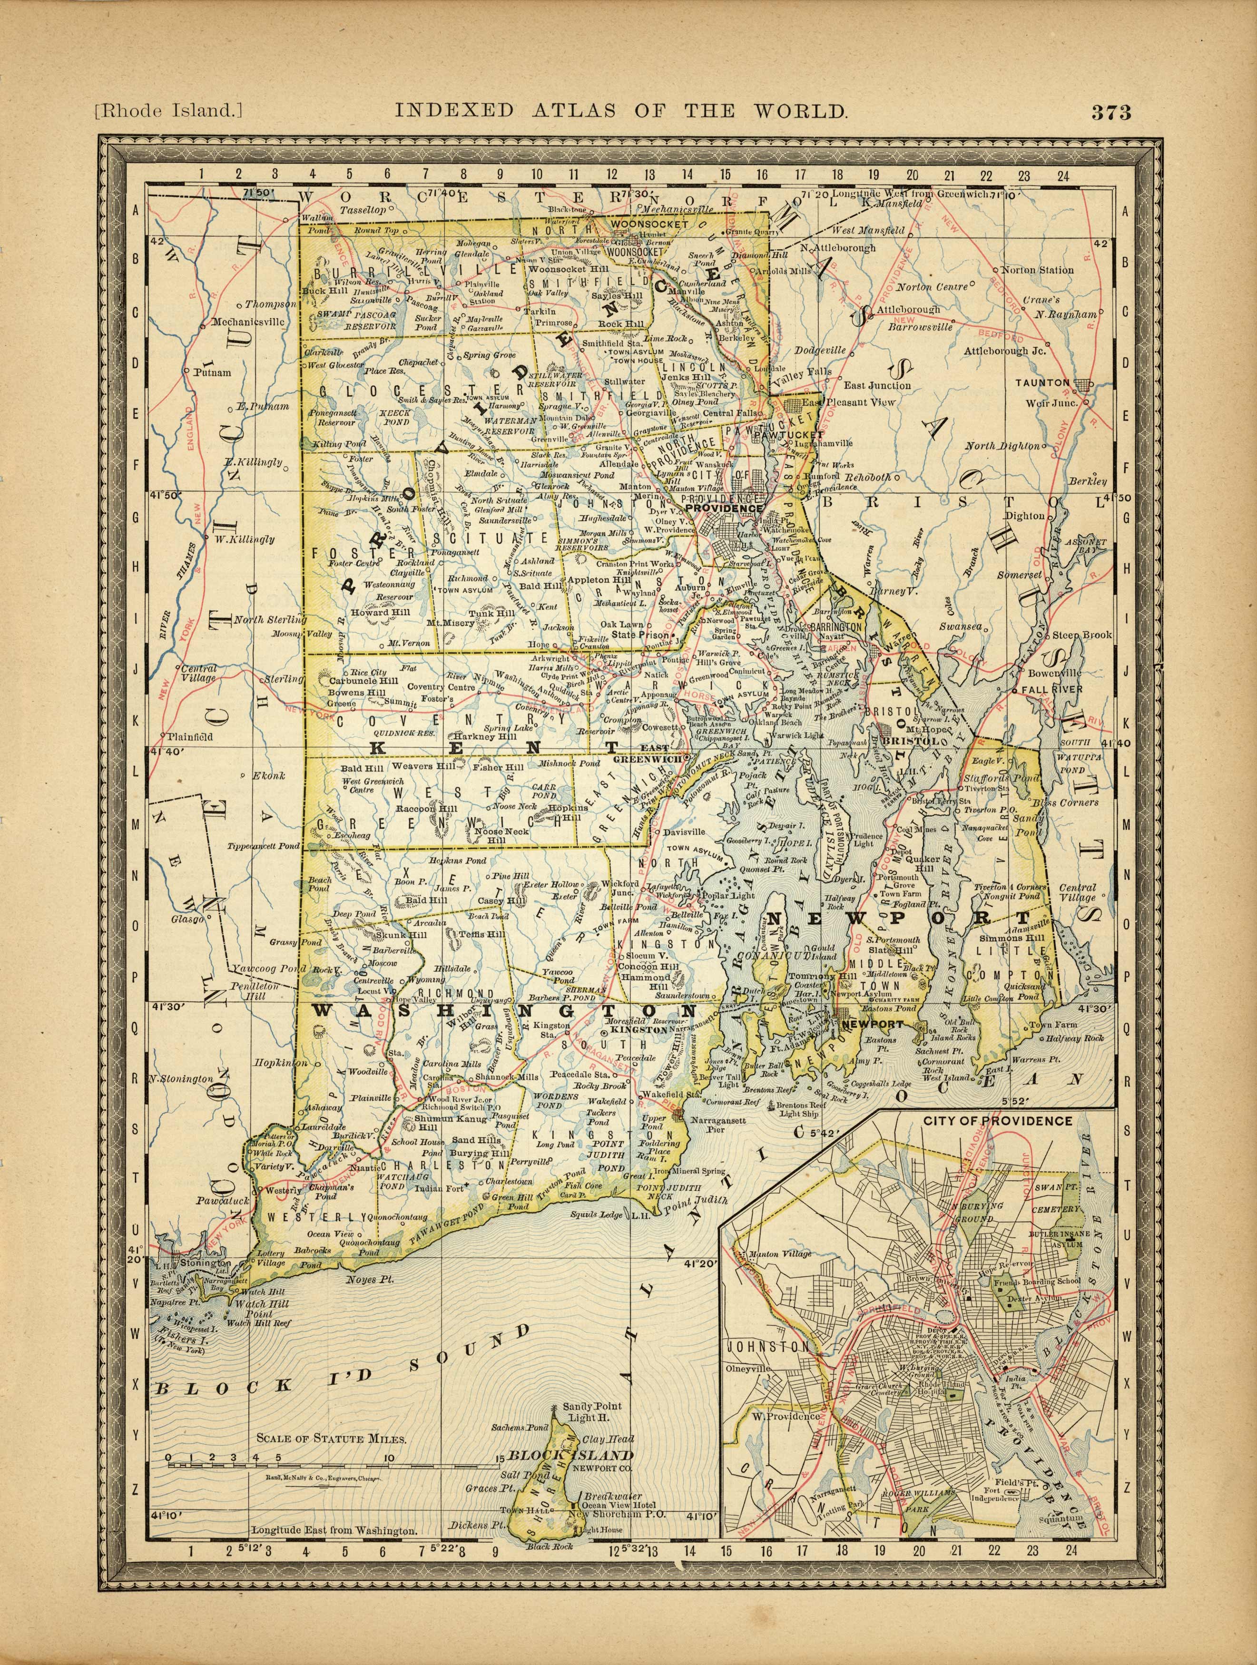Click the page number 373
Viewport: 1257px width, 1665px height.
[x=1110, y=112]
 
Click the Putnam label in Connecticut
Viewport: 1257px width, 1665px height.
[x=212, y=372]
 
